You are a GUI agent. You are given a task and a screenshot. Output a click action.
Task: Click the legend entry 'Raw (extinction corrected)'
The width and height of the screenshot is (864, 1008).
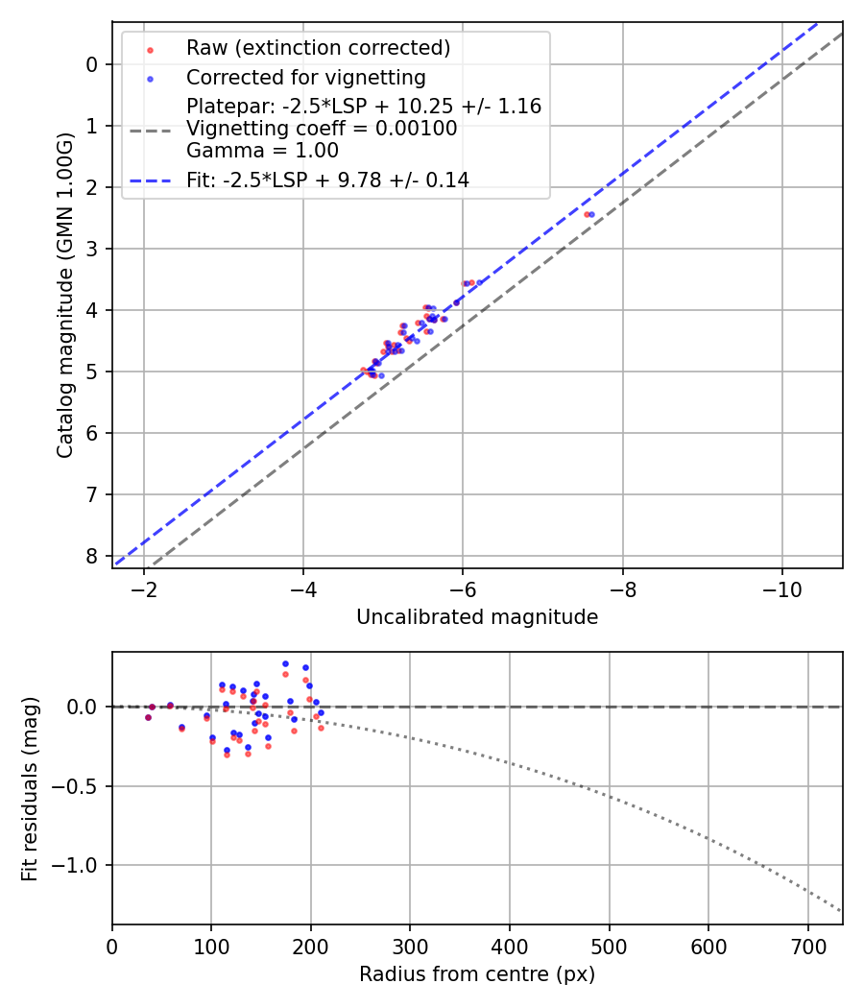coord(318,48)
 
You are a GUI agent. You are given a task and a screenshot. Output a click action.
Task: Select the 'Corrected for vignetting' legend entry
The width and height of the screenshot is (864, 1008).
coord(306,77)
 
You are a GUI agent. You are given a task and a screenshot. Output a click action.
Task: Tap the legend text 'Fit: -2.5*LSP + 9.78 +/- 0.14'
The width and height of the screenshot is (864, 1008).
coord(327,180)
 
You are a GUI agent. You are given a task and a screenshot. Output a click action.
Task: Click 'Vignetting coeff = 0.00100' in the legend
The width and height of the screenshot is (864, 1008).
coord(322,129)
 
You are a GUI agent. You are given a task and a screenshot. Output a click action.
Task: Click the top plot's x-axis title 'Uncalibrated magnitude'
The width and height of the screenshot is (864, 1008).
coord(477,617)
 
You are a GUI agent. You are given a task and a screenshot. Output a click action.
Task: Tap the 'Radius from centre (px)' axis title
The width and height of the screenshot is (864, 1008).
coord(477,974)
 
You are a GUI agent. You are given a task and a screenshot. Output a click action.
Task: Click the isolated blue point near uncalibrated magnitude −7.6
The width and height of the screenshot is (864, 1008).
coord(591,214)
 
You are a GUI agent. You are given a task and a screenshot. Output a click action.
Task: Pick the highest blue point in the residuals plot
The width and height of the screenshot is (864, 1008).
coord(285,663)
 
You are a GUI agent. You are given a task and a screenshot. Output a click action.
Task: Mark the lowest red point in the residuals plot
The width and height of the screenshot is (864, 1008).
coord(227,755)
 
